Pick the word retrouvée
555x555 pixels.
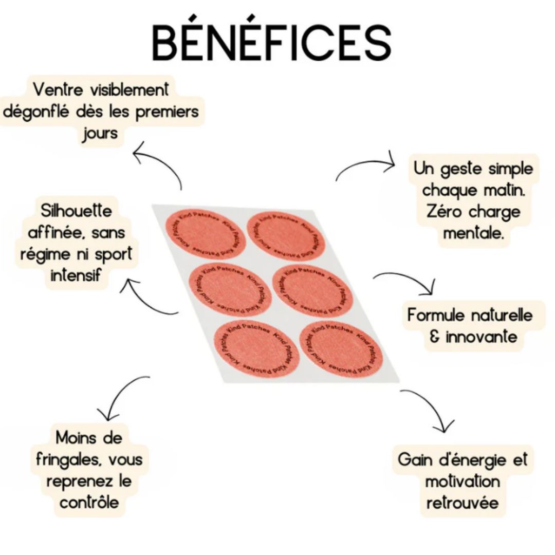462,502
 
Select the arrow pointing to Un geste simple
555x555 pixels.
366,165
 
